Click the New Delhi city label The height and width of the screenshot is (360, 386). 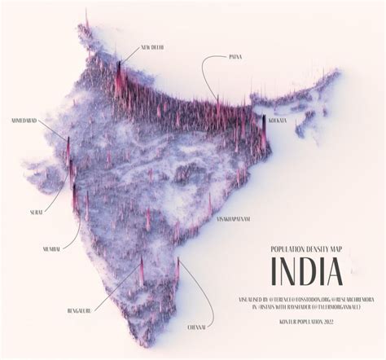152,47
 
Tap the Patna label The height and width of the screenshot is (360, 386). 236,57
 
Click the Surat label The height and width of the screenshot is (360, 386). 37,211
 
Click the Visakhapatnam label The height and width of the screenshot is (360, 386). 233,219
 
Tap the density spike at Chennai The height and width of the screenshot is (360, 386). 178,267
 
